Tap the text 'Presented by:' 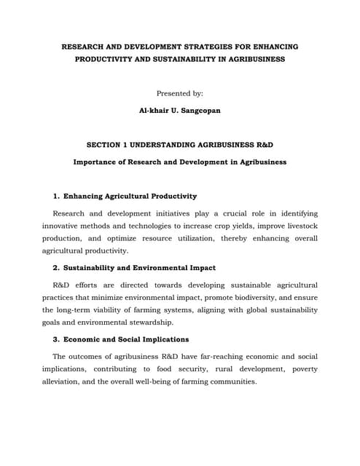click(180, 93)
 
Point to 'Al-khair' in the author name click(153, 111)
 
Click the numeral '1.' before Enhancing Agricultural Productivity click(57, 196)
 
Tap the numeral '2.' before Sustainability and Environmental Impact click(57, 267)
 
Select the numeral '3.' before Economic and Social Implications click(57, 339)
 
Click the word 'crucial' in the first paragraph click(231, 213)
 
